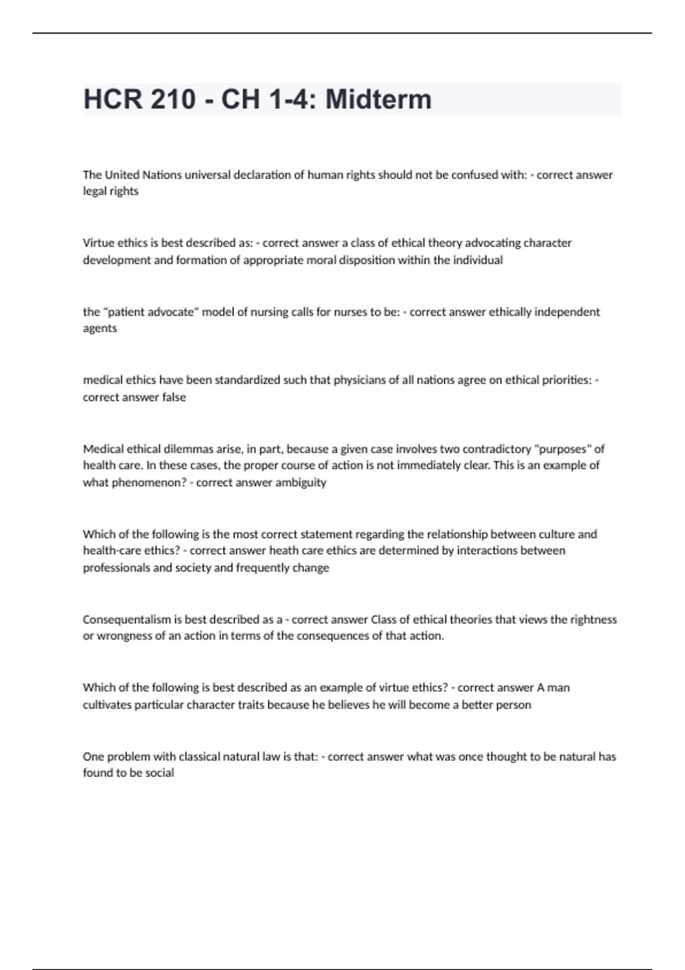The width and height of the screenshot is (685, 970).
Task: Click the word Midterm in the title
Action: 378,99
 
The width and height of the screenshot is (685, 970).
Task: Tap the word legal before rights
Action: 94,191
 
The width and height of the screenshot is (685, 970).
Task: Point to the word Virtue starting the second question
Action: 98,243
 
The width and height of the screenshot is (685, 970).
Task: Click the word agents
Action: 100,329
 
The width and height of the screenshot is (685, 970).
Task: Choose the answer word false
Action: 174,397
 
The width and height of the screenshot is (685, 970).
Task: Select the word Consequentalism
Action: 127,620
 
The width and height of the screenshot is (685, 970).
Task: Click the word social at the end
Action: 159,773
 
